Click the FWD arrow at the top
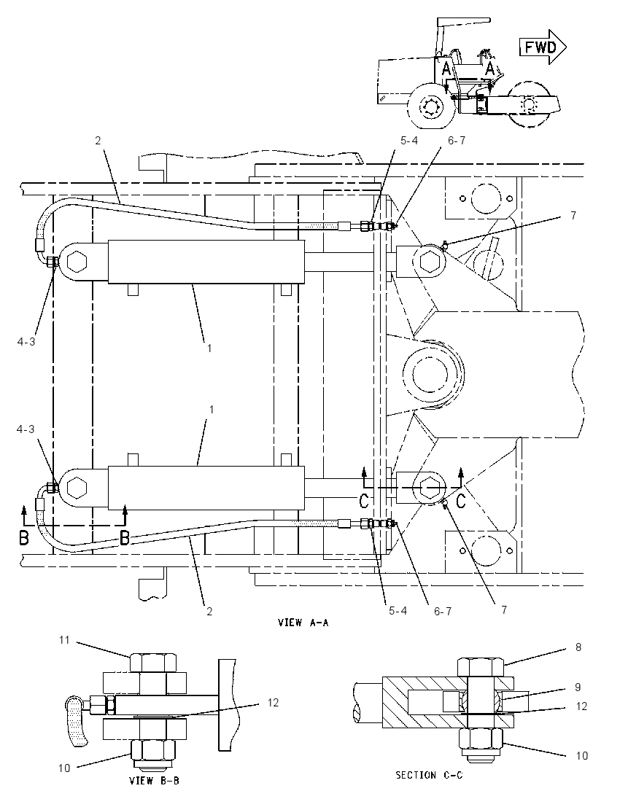point(543,48)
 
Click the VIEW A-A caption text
point(303,622)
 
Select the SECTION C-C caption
point(429,775)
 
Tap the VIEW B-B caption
point(154,780)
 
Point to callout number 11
point(63,639)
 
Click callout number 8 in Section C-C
point(578,647)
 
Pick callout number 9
point(578,687)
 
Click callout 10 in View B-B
point(63,768)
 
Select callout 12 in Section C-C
point(581,706)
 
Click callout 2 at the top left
point(98,140)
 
